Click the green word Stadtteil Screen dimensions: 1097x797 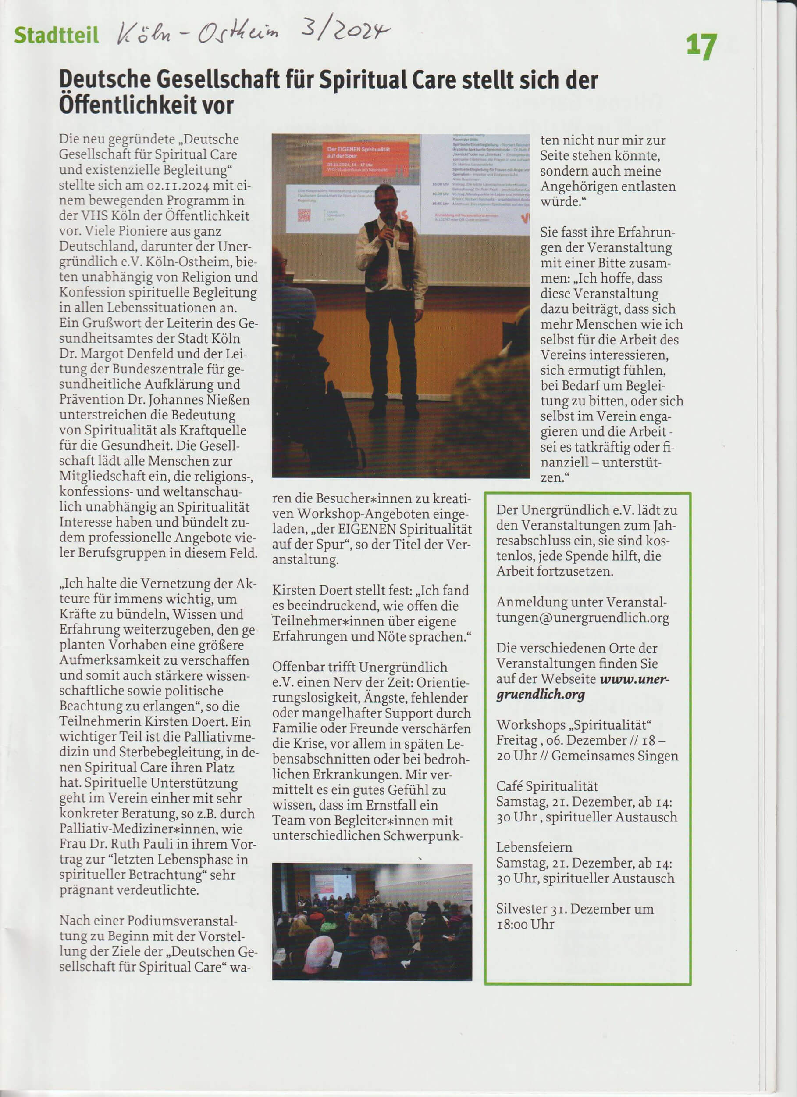[57, 35]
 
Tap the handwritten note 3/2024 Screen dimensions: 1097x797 [345, 31]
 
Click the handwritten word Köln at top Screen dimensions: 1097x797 [145, 35]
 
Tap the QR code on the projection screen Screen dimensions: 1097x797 [304, 214]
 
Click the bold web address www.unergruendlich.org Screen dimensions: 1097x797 [582, 686]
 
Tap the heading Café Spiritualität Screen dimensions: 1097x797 [547, 786]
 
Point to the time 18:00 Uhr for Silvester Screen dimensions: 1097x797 [525, 924]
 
